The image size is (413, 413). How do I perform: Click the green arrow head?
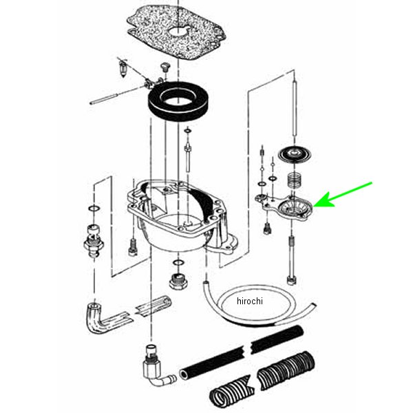(x=324, y=201)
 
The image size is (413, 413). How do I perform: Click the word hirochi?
(x=250, y=301)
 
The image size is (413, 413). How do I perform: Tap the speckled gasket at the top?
(x=176, y=32)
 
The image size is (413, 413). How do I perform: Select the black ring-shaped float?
(x=178, y=101)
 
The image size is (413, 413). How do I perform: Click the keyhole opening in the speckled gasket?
(x=179, y=31)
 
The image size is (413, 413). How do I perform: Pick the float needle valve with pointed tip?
(x=123, y=69)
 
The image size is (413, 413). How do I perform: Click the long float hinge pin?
(x=118, y=96)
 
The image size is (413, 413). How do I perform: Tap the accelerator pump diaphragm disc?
(x=295, y=156)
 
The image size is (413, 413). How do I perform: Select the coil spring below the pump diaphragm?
(x=294, y=180)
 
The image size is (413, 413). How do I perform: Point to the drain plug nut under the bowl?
(x=178, y=282)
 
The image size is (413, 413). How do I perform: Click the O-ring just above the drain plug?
(x=178, y=263)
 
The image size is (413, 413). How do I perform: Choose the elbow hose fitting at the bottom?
(x=156, y=366)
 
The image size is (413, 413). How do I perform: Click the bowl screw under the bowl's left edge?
(x=133, y=247)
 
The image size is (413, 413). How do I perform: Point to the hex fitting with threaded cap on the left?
(x=94, y=240)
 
